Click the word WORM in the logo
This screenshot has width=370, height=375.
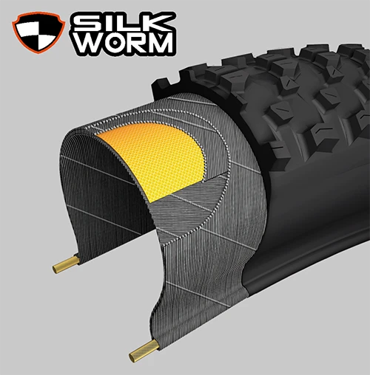pyautogui.click(x=127, y=43)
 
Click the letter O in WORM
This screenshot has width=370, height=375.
pyautogui.click(x=115, y=43)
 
